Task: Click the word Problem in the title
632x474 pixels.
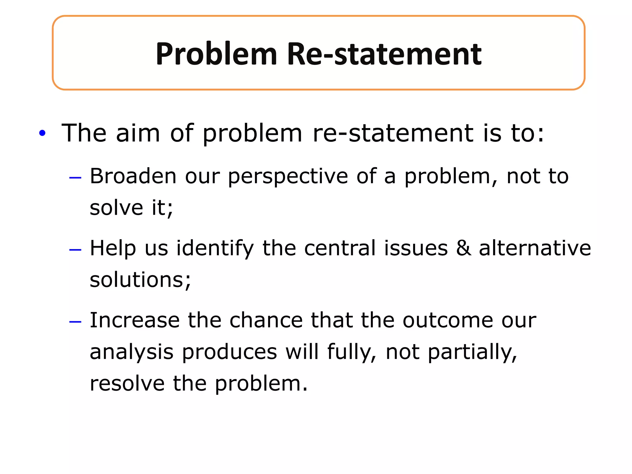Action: point(216,54)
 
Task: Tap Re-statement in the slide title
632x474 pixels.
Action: point(384,54)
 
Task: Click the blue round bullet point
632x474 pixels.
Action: point(42,133)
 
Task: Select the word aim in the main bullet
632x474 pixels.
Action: point(138,133)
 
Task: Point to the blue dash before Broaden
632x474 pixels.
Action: point(75,178)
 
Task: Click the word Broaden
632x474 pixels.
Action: point(133,177)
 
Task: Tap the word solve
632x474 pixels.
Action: point(116,208)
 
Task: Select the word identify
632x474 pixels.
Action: point(215,249)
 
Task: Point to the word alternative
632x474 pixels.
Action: point(535,248)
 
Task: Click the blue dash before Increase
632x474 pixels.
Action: point(75,322)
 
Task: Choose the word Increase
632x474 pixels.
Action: point(135,320)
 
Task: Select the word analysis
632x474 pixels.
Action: point(131,352)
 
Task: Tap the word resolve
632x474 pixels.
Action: point(127,383)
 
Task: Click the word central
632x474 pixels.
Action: point(340,248)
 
